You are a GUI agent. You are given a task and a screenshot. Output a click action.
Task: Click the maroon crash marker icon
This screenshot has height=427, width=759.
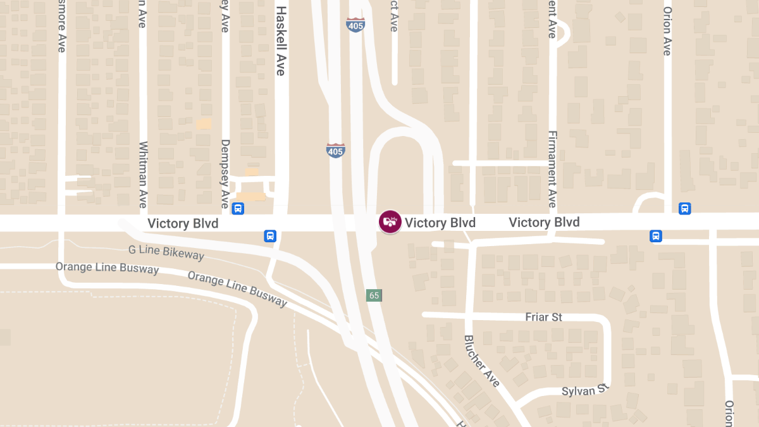390,221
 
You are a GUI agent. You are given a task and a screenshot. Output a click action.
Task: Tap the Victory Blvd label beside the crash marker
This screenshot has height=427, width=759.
440,223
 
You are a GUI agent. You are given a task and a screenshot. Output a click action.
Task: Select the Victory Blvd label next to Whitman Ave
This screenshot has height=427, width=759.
183,224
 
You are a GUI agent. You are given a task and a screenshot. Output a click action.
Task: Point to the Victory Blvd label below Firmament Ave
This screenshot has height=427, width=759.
544,222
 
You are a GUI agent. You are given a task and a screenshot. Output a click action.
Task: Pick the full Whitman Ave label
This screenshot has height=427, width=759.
143,175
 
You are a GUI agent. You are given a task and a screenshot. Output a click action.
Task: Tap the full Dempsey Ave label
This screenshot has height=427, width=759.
225,174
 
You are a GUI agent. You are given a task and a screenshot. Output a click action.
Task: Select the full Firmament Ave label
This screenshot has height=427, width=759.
552,169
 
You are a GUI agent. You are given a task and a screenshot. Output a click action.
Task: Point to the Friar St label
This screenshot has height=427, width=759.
544,317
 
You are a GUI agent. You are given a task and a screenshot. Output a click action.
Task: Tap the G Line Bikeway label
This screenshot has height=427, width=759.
166,252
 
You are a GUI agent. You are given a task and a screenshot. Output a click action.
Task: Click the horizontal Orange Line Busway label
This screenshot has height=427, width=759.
107,268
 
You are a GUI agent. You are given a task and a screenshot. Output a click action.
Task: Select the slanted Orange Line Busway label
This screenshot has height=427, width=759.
237,289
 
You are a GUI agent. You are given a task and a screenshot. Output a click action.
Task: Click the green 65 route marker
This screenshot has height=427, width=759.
374,295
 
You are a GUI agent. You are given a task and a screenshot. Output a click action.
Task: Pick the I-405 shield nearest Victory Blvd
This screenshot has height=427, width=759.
335,151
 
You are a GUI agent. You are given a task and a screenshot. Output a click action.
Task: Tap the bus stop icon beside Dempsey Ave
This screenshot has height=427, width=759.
238,208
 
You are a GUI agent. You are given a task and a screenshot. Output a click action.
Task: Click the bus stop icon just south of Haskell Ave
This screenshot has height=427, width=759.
270,236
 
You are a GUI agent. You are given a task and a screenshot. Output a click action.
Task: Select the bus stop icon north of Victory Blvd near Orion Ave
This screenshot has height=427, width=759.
684,208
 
